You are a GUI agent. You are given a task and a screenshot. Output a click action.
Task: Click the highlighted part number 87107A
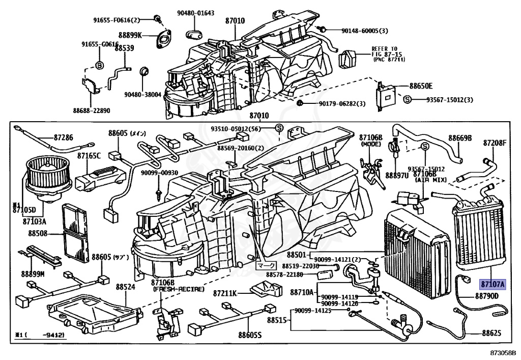coord(491,284)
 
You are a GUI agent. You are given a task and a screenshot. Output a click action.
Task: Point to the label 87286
coord(63,138)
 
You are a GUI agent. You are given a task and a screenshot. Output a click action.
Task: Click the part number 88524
coord(125,287)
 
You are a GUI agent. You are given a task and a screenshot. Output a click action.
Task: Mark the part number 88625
coord(491,334)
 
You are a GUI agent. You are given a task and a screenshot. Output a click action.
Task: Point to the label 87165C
coord(89,155)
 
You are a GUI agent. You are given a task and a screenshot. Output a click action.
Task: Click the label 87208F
coord(495,143)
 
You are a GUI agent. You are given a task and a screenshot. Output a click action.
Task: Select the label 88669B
coord(460,138)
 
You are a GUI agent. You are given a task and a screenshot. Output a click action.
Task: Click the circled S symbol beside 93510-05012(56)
coord(279,127)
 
